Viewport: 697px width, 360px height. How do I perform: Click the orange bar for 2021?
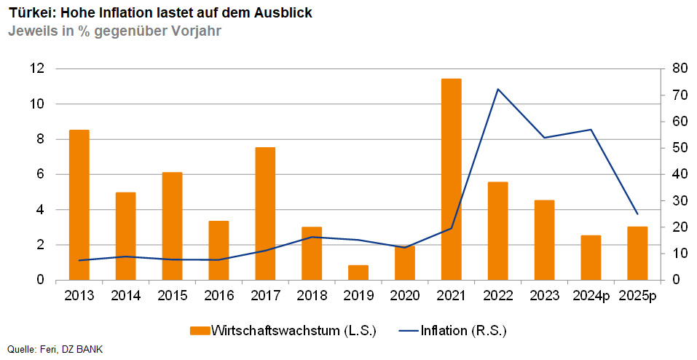(x=452, y=179)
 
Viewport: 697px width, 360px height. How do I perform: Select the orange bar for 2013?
(x=79, y=205)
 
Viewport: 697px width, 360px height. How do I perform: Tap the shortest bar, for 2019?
(x=358, y=273)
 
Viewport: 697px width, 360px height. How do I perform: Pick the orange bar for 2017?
(x=265, y=214)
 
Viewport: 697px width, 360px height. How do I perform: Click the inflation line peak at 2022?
(x=497, y=89)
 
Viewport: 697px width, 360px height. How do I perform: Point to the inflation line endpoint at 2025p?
(x=637, y=214)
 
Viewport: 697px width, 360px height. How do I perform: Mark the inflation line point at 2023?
(x=544, y=138)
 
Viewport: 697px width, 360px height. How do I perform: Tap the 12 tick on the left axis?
(x=37, y=69)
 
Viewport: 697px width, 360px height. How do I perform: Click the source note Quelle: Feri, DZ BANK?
(x=55, y=350)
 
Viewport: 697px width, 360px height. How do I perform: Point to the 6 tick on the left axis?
(x=40, y=174)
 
